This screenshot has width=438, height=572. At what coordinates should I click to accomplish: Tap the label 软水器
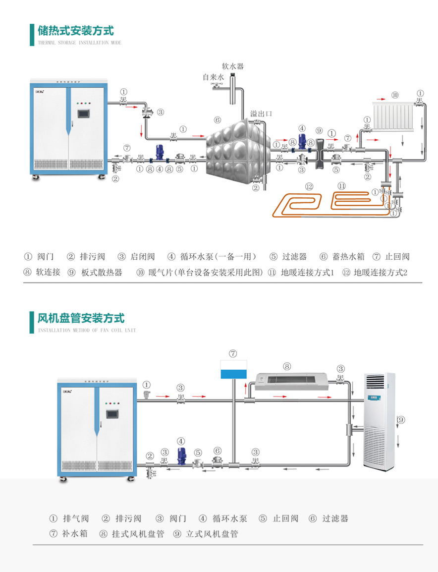(x=232, y=66)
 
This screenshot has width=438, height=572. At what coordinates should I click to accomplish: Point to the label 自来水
(x=213, y=77)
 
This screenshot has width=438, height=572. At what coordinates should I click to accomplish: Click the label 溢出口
(x=261, y=114)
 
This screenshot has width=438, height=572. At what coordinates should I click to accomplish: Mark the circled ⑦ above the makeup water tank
(x=233, y=353)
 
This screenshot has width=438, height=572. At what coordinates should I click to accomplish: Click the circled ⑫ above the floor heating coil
(x=310, y=186)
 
